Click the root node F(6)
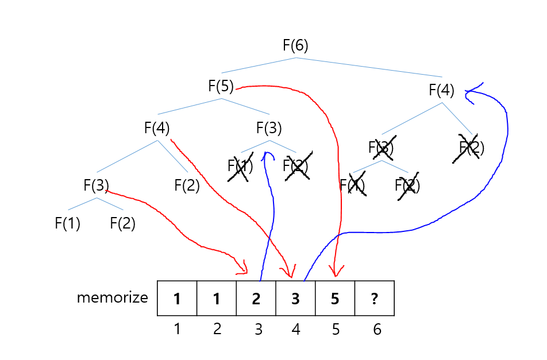coord(295,46)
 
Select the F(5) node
coord(221,87)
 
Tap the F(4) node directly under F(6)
coord(441,90)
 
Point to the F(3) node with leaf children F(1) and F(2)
coord(96,185)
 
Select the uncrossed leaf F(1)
coord(67,223)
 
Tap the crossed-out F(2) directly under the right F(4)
coord(471,148)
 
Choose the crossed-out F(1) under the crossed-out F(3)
coord(352,185)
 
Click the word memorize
coord(112,298)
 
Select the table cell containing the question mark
coord(374,299)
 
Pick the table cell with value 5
coord(335,299)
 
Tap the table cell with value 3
coord(295,299)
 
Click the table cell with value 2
coord(256,299)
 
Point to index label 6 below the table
coord(377,330)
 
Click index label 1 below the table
coord(177,330)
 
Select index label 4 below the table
coord(295,330)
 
